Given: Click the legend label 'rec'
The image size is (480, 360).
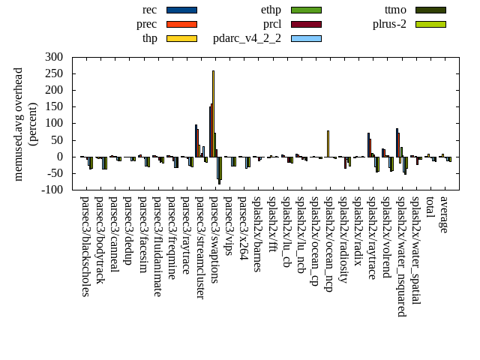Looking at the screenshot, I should tap(149, 10).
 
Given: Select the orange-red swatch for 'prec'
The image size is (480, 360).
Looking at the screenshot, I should tap(181, 24).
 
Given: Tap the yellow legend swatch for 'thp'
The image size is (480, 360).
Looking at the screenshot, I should tap(181, 38).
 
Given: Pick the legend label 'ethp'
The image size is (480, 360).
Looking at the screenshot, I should tap(271, 10).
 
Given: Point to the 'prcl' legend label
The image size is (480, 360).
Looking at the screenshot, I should tap(272, 24).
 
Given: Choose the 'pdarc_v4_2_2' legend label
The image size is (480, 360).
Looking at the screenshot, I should tap(247, 38).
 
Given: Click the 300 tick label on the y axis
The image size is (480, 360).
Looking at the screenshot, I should tap(53, 57).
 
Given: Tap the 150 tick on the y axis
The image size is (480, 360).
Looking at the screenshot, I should tap(53, 106).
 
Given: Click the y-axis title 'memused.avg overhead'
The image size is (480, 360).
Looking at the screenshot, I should tap(19, 124).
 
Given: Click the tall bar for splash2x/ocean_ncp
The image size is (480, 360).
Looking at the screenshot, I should tap(328, 143).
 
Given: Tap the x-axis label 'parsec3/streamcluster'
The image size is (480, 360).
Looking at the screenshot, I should tap(199, 247).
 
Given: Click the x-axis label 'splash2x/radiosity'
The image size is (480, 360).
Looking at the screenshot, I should tap(342, 240).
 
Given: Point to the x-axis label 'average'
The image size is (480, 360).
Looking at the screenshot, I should tap(443, 214).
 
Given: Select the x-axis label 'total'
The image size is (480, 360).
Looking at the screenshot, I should tap(429, 209).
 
